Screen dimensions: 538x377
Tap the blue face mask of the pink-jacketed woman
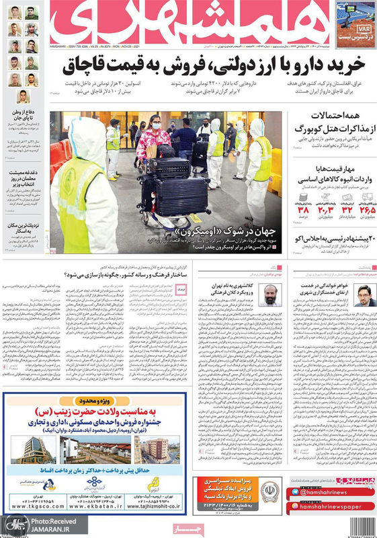(x=156, y=126)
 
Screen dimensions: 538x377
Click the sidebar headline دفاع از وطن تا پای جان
(x=25, y=114)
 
